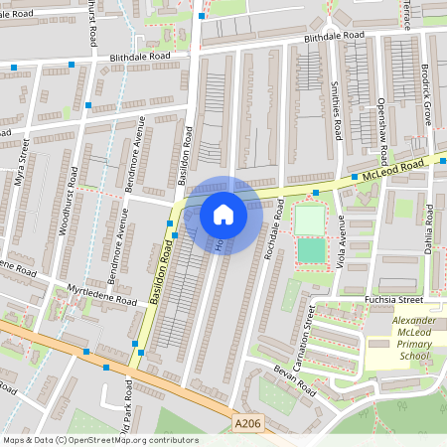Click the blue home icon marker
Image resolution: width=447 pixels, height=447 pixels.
(223, 214)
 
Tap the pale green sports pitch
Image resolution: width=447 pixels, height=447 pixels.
(310, 220)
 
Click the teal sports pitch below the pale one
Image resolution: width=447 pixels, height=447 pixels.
(311, 250)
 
